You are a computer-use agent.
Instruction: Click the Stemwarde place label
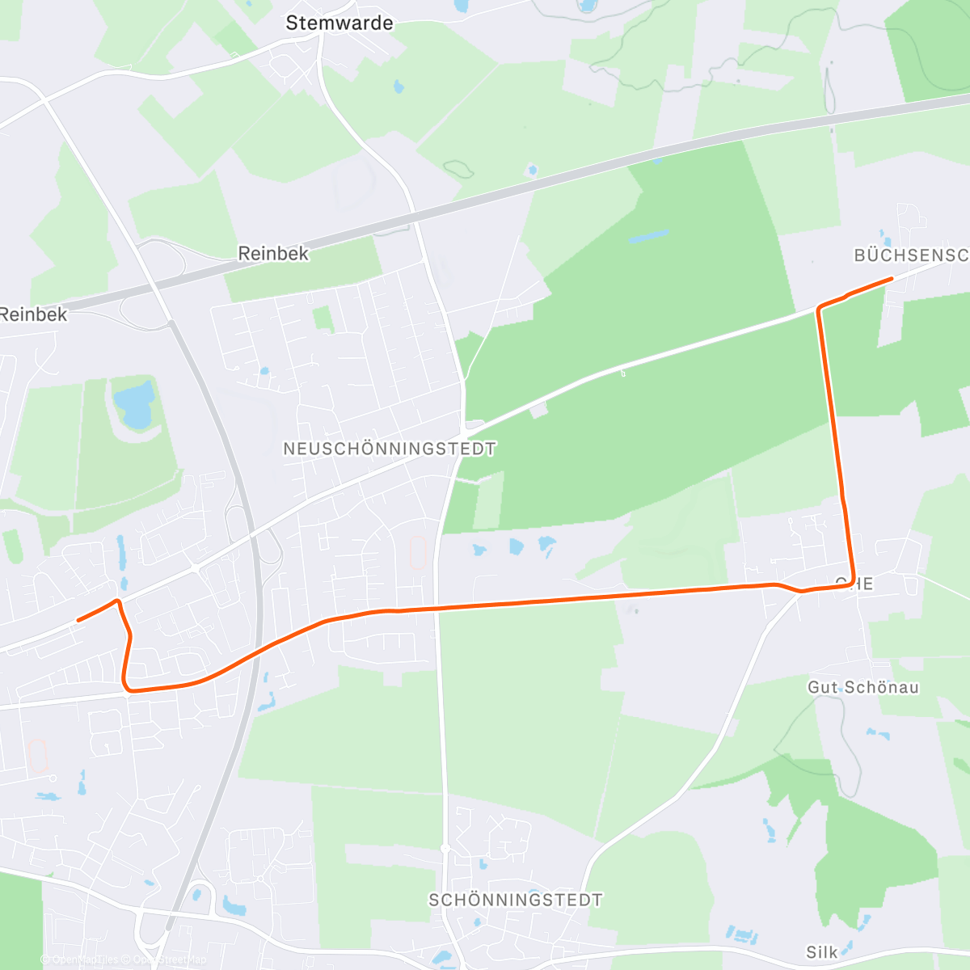pos(339,23)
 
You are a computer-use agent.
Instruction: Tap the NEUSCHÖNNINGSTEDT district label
pos(390,449)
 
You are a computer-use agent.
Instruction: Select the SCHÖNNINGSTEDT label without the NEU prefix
pos(516,900)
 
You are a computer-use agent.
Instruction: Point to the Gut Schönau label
pos(863,688)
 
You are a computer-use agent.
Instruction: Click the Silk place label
pos(822,951)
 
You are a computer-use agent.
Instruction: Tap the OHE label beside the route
pos(854,583)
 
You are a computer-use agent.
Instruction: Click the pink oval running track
pos(418,554)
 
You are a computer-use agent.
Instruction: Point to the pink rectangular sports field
pos(38,755)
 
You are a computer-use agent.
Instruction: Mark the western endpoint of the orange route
pos(78,620)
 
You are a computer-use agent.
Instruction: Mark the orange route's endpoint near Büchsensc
pos(891,279)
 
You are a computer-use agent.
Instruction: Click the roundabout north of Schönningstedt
pos(445,847)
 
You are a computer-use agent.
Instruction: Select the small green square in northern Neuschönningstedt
pos(323,318)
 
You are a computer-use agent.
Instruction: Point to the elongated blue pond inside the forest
pos(648,237)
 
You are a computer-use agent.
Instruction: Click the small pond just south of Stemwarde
pos(398,86)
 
